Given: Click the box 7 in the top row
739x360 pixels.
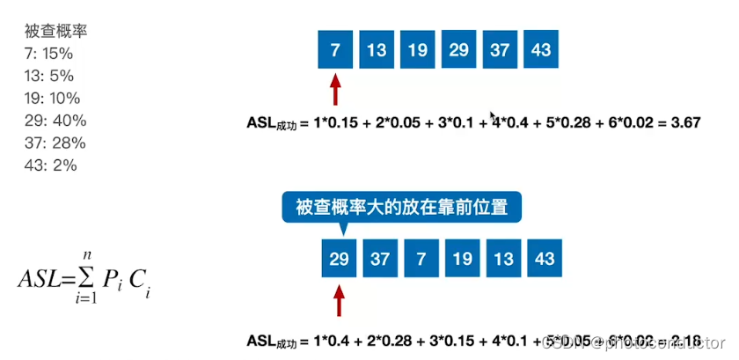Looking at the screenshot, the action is click(335, 50).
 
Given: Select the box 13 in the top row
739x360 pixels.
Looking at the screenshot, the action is click(377, 50).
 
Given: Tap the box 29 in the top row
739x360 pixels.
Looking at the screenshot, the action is click(458, 50).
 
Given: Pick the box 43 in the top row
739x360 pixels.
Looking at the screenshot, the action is click(541, 50).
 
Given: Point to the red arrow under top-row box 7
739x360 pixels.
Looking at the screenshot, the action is click(334, 90).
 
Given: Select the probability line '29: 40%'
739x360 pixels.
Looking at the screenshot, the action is click(55, 121).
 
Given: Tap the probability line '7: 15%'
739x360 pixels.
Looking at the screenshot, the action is click(52, 53).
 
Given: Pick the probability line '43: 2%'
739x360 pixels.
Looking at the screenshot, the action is click(52, 165).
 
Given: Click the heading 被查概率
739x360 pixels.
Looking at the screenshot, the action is click(55, 31).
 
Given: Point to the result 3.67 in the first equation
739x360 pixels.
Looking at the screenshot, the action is click(684, 123).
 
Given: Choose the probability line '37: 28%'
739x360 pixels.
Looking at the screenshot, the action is click(55, 143).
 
